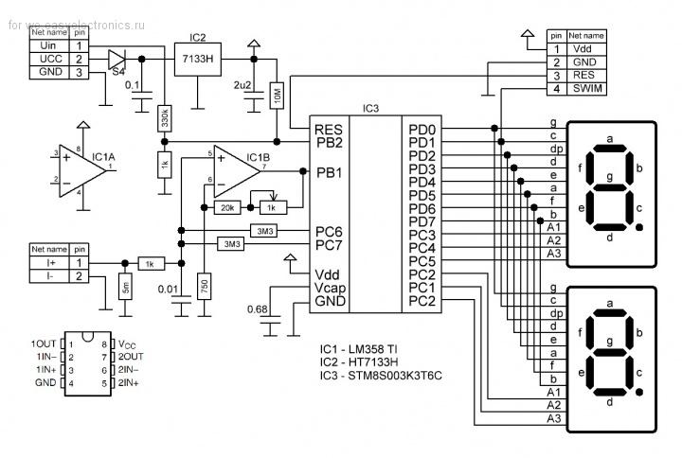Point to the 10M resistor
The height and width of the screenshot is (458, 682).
click(277, 94)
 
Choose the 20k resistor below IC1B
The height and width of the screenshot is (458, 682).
click(226, 206)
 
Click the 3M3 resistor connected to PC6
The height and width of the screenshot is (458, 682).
click(265, 230)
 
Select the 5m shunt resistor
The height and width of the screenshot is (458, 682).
click(125, 285)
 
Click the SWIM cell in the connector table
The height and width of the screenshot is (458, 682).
click(588, 89)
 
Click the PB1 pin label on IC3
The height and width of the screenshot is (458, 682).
click(329, 172)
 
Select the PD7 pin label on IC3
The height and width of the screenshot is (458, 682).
click(422, 221)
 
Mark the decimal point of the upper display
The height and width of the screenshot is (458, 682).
click(642, 228)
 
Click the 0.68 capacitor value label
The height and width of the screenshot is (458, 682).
click(256, 308)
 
